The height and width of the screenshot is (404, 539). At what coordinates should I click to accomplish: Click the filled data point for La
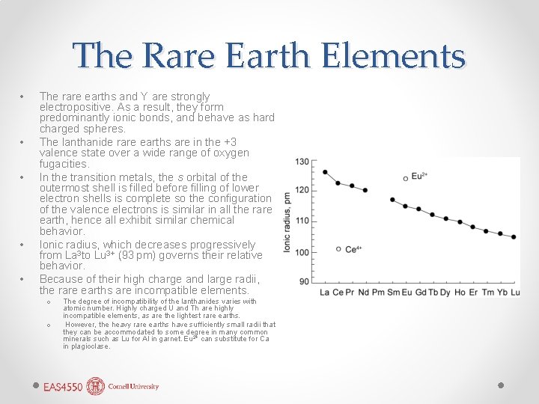point(325,172)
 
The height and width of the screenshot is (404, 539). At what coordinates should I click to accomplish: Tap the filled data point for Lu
point(514,237)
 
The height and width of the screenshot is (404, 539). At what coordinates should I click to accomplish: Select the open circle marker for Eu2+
point(405,178)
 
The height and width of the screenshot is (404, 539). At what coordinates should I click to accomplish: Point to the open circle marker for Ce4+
point(338,249)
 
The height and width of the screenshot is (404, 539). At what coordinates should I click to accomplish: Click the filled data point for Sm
point(392,200)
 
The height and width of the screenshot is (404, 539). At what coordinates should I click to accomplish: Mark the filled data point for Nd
point(365,190)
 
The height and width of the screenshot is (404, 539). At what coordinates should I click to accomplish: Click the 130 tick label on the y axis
point(302,162)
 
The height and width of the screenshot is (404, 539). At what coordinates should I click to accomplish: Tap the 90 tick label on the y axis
point(304,281)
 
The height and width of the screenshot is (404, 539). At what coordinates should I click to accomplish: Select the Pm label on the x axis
point(378,292)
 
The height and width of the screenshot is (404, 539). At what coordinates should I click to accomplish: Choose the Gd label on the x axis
point(420,292)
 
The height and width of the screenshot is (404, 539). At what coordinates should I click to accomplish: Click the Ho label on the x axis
point(459,292)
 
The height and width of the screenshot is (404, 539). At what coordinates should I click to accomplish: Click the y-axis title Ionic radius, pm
point(287,221)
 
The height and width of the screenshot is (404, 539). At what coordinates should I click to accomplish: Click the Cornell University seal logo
point(95,386)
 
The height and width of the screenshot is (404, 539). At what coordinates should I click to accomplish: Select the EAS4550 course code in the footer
point(63,387)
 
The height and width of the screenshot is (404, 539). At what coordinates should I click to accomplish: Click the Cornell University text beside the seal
point(133,387)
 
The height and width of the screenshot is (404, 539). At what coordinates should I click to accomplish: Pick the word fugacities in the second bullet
point(64,164)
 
